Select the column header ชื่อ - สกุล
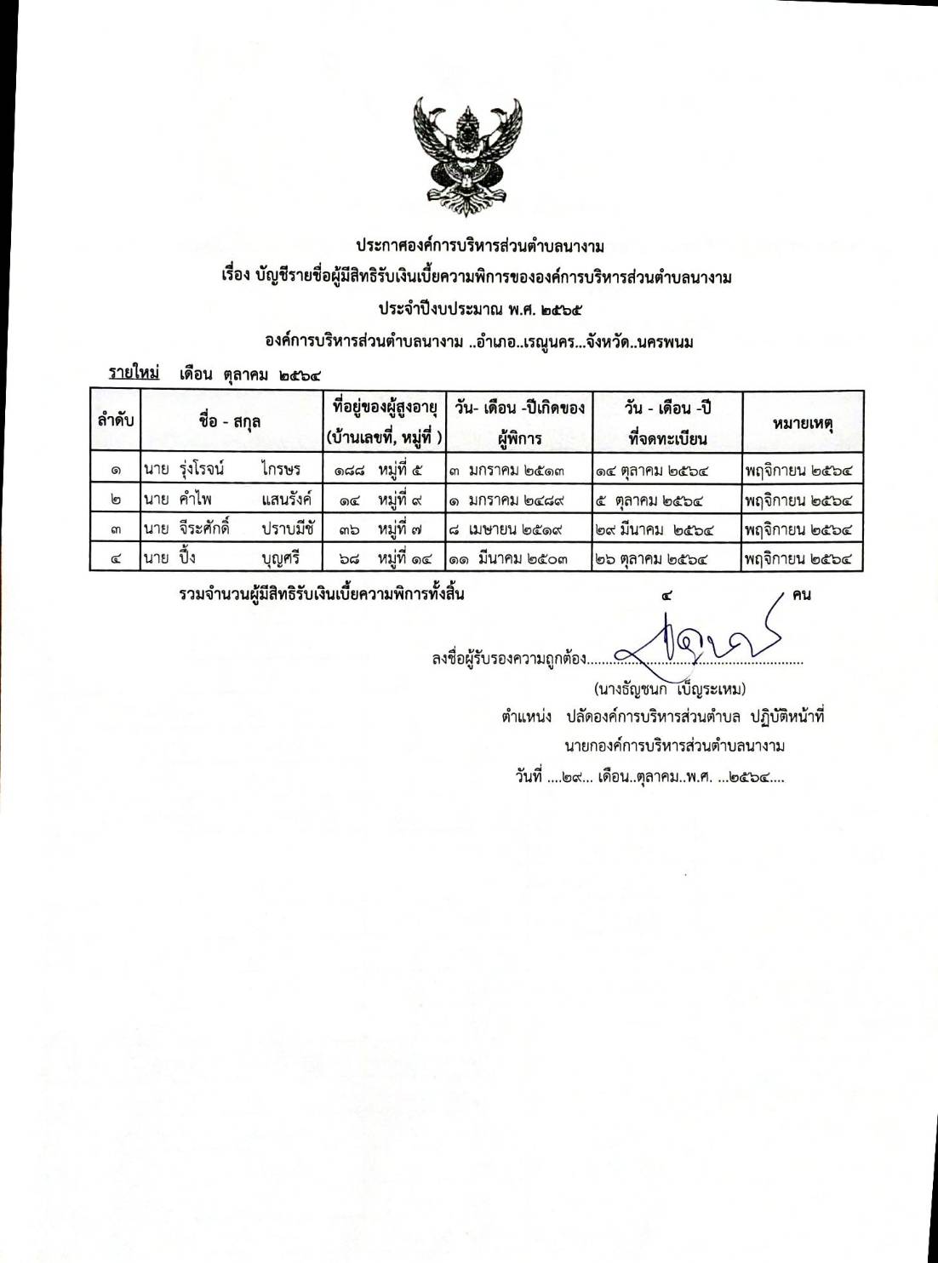229,421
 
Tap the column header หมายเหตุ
803,421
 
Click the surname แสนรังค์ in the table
288,499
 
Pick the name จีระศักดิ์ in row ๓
201,529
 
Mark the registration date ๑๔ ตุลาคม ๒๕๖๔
654,468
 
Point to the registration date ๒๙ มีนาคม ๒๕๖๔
654,529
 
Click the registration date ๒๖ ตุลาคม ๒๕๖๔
654,559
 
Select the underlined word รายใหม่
134,372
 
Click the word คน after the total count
801,594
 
